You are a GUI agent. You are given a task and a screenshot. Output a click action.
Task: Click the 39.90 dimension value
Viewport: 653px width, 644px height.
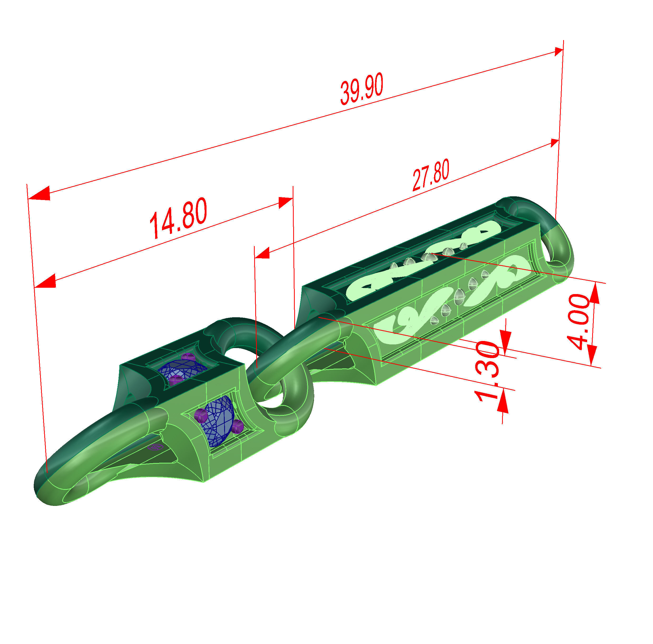click(x=361, y=88)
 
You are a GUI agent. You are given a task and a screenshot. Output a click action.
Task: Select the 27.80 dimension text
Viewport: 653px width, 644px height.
click(x=431, y=174)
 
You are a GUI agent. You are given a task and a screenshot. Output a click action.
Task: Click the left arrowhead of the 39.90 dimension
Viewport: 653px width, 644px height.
click(x=40, y=194)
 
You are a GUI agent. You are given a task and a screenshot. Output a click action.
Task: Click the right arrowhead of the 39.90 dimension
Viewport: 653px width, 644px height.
click(x=558, y=52)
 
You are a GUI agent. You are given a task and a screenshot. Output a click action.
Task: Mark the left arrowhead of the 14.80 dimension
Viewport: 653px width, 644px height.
click(x=46, y=281)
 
